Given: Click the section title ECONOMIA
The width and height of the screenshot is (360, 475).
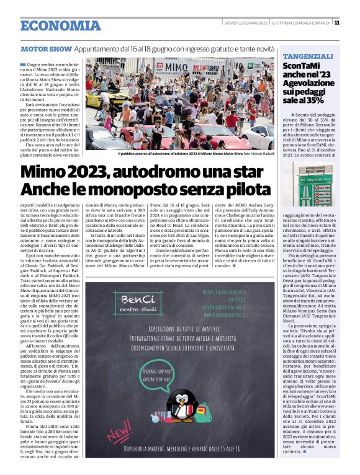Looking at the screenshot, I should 60,25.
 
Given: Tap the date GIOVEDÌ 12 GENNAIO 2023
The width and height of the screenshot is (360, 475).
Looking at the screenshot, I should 245,23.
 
